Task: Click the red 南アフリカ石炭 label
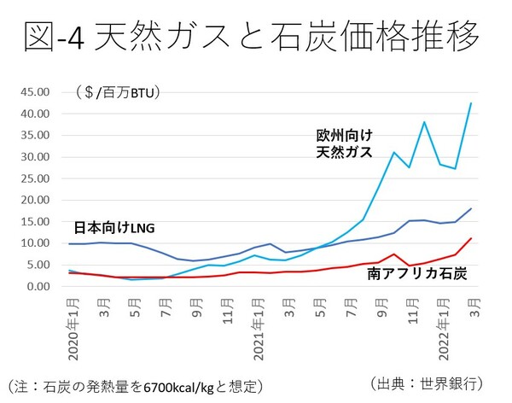coord(418,275)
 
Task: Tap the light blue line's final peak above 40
coord(471,103)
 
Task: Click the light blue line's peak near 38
coord(424,122)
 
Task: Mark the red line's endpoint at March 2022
coord(471,238)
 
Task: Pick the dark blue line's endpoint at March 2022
coord(471,208)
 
